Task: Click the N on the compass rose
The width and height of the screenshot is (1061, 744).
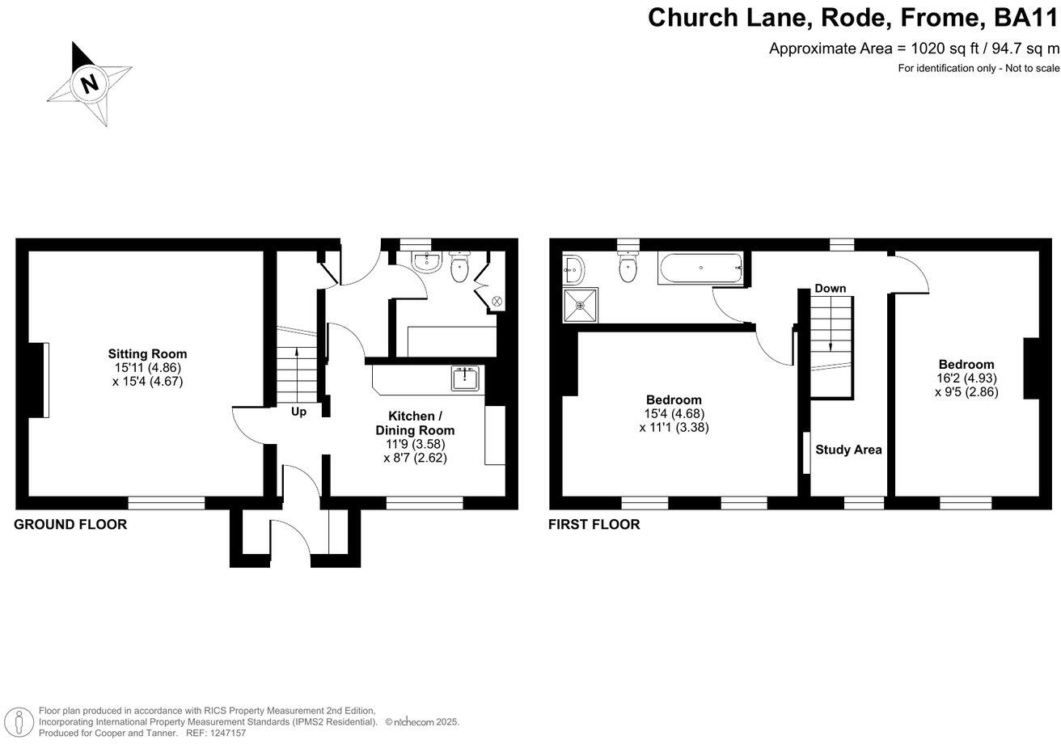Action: point(90,85)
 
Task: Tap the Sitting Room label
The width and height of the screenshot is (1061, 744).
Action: point(147,353)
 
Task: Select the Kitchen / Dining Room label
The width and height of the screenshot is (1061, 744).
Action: point(415,423)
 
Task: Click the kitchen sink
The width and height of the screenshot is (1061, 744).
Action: point(465,378)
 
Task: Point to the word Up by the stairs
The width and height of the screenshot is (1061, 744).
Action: point(298,412)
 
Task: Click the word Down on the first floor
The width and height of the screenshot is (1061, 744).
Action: point(830,289)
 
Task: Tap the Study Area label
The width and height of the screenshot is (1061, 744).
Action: point(848,450)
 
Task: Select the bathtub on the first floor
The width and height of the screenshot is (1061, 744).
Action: point(700,268)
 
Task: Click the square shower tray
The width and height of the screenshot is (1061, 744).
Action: point(581,306)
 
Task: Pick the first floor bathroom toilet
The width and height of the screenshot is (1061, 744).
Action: point(628,268)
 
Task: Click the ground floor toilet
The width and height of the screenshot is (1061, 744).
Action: point(459,267)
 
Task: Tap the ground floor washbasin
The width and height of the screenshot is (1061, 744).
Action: point(427,262)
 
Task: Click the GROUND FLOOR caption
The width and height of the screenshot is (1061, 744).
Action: point(70,525)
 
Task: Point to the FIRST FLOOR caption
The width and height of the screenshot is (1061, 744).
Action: point(594,525)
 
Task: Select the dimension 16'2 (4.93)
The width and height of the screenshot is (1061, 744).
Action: point(966,378)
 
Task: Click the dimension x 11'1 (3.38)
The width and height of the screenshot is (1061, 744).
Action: point(674,428)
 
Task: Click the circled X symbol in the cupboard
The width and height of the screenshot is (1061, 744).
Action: point(497,301)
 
